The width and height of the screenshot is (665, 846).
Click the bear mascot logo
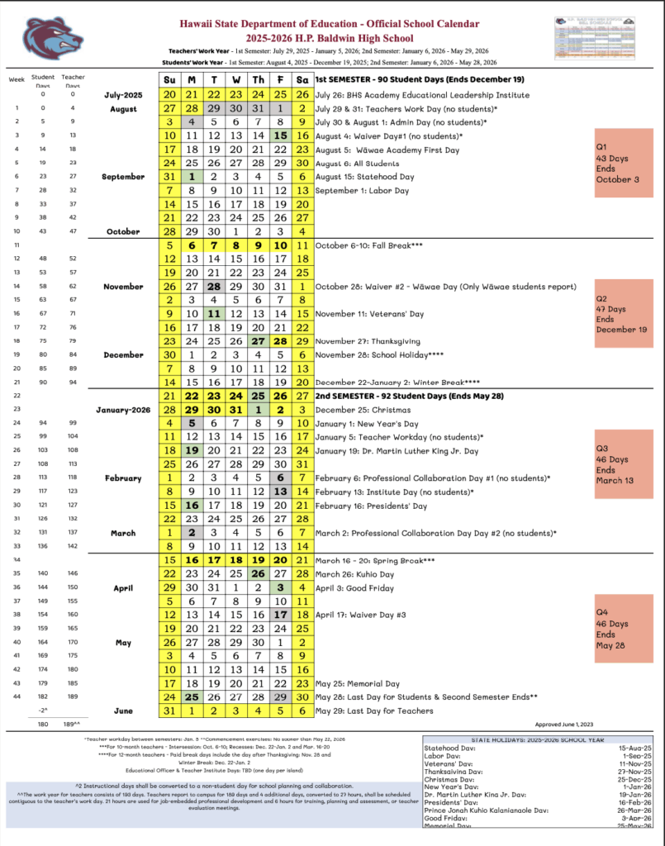click(x=52, y=36)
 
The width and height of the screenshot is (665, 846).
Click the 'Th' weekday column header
click(x=259, y=79)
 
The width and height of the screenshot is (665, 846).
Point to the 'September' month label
click(x=122, y=176)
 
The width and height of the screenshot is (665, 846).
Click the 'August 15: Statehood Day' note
click(x=364, y=176)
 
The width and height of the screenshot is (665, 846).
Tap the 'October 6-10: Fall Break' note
click(x=368, y=245)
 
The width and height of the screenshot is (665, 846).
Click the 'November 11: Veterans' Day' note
click(x=371, y=314)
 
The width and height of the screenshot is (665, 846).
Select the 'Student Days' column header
click(x=43, y=81)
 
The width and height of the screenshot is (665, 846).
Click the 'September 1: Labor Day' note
click(x=362, y=190)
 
